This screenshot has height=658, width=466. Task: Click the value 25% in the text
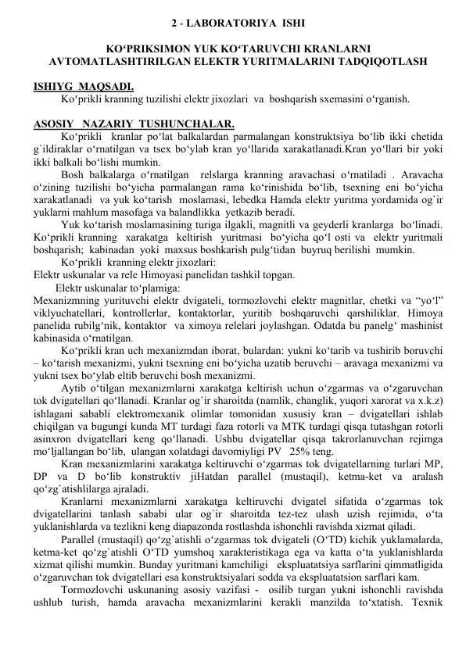(x=299, y=452)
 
